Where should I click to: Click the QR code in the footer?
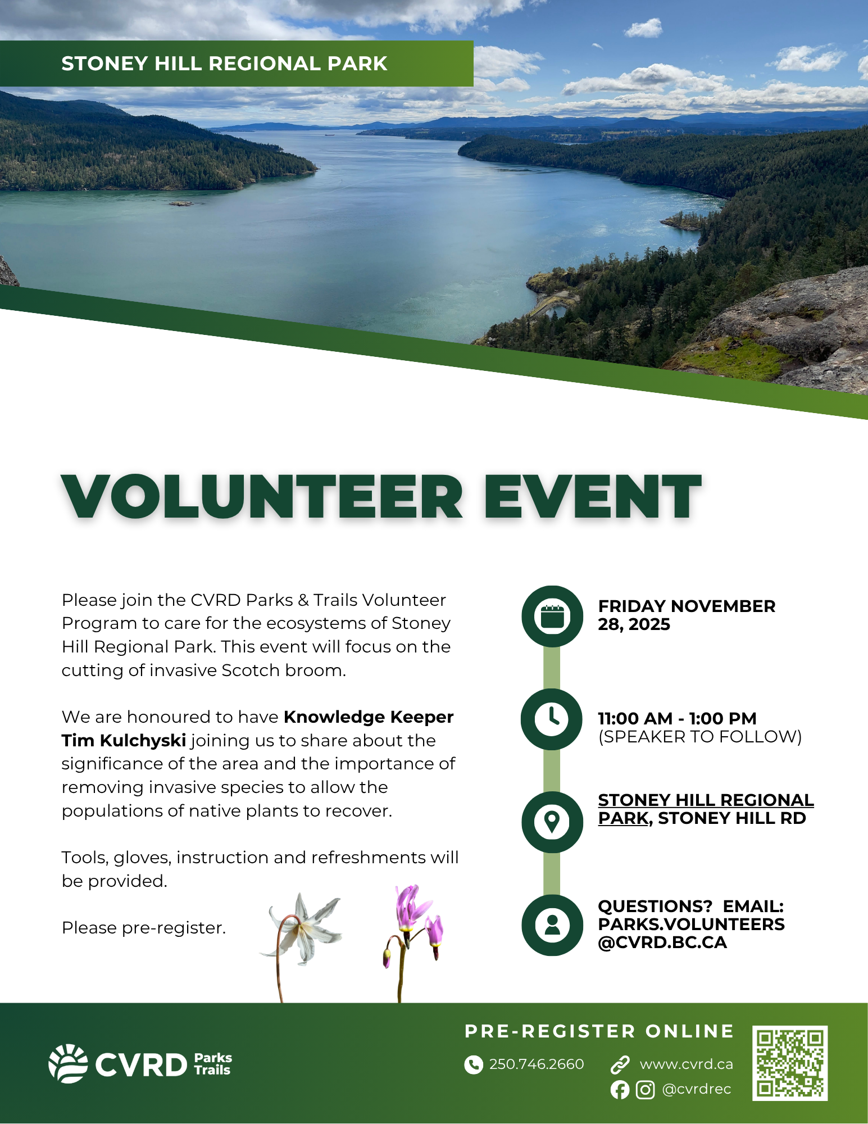tap(789, 1063)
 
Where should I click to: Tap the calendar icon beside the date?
tap(552, 617)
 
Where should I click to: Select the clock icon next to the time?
tap(552, 719)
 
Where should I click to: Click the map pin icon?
tap(552, 822)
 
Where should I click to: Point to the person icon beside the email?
tap(552, 925)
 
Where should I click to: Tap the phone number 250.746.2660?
tap(536, 1064)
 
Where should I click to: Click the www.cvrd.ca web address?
tap(686, 1064)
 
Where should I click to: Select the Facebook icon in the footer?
tap(620, 1090)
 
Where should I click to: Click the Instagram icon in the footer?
tap(645, 1090)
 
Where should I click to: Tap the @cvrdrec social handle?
tap(697, 1089)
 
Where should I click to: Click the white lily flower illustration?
tap(304, 930)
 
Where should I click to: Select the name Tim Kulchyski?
tap(124, 741)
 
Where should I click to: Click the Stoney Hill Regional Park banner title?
tap(224, 64)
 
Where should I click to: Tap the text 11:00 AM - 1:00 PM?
tap(677, 718)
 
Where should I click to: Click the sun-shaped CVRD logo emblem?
tap(68, 1063)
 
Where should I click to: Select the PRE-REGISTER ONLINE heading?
tap(599, 1031)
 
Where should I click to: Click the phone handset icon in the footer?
tap(474, 1064)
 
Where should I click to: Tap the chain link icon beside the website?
tap(620, 1064)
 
